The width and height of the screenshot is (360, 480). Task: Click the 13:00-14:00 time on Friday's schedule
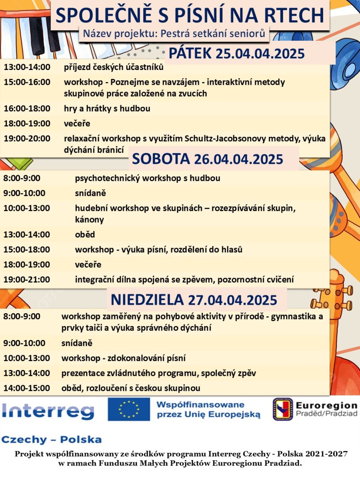pos(27,67)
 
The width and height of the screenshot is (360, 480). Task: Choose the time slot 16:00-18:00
pos(27,108)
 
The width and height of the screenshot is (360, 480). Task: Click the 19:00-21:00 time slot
pos(27,279)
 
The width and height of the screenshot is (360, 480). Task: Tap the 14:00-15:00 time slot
pos(27,388)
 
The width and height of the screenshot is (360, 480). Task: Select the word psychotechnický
pos(104,178)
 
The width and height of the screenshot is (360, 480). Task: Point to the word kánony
pos(89,220)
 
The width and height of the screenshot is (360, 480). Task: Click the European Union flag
pos(128,409)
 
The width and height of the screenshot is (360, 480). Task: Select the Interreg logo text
pos(48,411)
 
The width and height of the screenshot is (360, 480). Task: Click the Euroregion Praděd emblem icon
pos(283,409)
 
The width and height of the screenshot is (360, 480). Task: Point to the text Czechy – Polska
pos(52,440)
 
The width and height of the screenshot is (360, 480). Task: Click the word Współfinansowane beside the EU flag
pos(200,405)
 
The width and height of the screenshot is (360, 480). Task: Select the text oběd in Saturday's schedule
pos(85,234)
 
